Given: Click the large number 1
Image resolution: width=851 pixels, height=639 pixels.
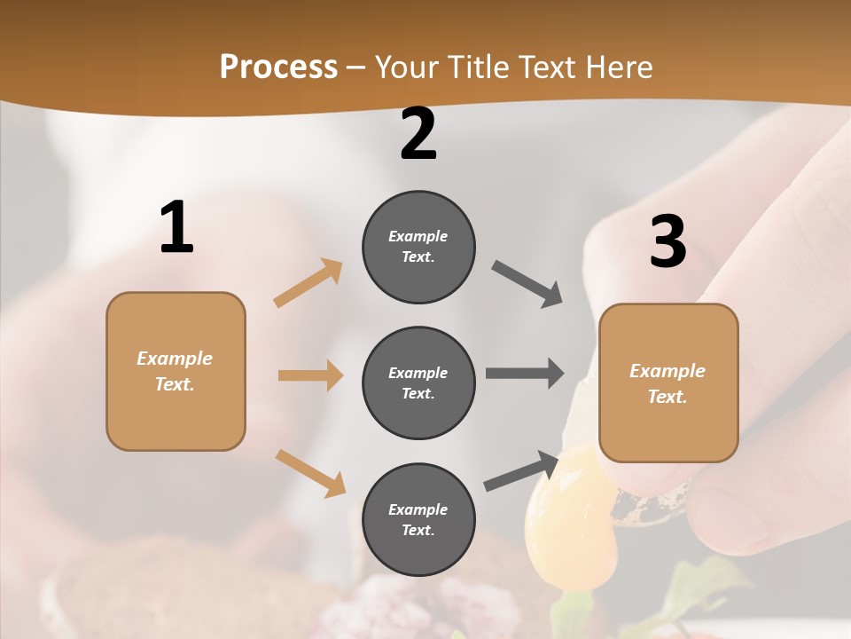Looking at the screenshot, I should coord(176,228).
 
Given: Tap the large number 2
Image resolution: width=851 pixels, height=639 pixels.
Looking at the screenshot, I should coord(418,135).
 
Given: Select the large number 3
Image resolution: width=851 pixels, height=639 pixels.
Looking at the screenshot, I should coord(668,242).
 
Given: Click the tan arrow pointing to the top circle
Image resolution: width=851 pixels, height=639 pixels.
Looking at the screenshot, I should coord(308,283).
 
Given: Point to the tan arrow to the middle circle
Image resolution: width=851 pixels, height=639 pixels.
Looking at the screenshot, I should coord(310,375).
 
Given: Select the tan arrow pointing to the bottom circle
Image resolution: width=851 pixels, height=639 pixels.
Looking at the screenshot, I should coord(310,472).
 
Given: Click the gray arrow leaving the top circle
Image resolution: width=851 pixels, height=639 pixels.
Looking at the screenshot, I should coord(527,284).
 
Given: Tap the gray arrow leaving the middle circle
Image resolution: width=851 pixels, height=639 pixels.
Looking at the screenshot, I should coord(525,374).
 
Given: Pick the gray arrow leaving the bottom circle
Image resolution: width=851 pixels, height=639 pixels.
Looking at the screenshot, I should coord(521,471).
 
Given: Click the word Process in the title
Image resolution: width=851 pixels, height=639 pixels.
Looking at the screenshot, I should coord(278,67).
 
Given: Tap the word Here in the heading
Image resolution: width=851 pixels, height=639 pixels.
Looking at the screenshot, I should coord(616,67).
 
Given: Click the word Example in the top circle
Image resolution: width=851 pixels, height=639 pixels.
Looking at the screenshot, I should coord(418,236).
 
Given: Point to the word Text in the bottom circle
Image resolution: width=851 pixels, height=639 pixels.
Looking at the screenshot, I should coord(418,530).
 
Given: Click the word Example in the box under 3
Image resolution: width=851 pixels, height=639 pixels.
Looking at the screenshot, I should coord(668,371).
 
